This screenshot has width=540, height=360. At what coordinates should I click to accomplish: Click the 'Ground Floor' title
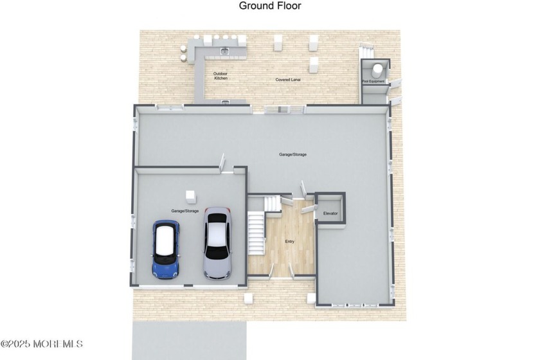(270, 6)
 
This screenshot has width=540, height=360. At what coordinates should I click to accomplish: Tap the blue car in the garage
(166, 249)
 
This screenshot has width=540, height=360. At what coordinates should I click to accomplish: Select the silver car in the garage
(217, 243)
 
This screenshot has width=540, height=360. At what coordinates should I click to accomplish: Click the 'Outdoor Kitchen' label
(221, 76)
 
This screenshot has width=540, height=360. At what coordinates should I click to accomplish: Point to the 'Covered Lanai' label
(288, 80)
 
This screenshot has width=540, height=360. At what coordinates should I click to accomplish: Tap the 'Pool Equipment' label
(373, 82)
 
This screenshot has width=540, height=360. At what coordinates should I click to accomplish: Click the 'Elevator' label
(330, 213)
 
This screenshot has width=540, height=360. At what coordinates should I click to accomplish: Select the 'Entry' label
(289, 241)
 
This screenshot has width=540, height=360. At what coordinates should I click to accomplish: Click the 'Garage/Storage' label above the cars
(184, 211)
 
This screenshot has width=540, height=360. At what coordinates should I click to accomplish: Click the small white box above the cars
(190, 195)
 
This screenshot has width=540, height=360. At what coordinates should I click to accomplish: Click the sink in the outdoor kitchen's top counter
(224, 50)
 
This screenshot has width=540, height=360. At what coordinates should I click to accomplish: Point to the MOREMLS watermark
(42, 344)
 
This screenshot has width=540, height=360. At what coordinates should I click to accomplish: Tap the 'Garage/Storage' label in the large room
(292, 155)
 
